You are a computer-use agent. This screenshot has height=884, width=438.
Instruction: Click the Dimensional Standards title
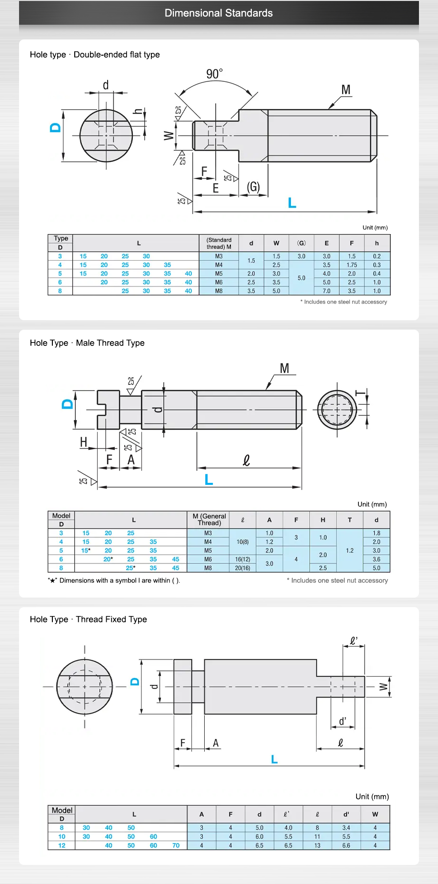pos(219,13)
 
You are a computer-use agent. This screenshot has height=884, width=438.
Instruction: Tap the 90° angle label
pos(214,74)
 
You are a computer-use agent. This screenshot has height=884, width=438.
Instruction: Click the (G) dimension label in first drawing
pos(253,187)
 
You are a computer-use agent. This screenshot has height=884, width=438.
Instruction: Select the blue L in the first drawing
pos(292,203)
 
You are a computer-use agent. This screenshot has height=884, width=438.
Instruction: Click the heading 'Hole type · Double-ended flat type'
pos(95,54)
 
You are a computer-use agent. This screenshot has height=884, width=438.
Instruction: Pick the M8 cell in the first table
pos(219,291)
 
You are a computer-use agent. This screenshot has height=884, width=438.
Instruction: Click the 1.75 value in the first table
pos(351,265)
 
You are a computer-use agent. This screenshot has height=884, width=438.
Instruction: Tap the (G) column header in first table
pos(301,243)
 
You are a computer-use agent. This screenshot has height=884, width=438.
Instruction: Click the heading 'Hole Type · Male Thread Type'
pos(87,343)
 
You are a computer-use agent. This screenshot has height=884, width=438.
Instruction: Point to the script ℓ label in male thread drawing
pos(246,460)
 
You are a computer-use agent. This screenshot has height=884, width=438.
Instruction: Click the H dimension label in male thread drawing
pos(84,442)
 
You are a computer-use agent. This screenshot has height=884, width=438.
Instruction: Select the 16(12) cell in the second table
pos(242,560)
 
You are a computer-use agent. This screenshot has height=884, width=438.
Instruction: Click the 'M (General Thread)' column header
pos(209,520)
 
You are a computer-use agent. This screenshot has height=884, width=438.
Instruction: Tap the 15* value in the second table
pos(86,550)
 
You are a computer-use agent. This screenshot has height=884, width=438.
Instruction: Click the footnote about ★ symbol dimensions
pos(114,580)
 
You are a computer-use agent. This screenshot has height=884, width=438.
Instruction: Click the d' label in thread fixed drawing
pos(343,721)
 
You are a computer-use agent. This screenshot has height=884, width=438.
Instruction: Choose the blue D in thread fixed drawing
pos(135,681)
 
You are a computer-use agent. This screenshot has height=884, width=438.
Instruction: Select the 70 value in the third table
pos(176,845)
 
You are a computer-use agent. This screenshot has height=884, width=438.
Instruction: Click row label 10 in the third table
pos(62,836)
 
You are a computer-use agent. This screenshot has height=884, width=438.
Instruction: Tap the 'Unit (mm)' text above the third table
pos(372,796)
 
